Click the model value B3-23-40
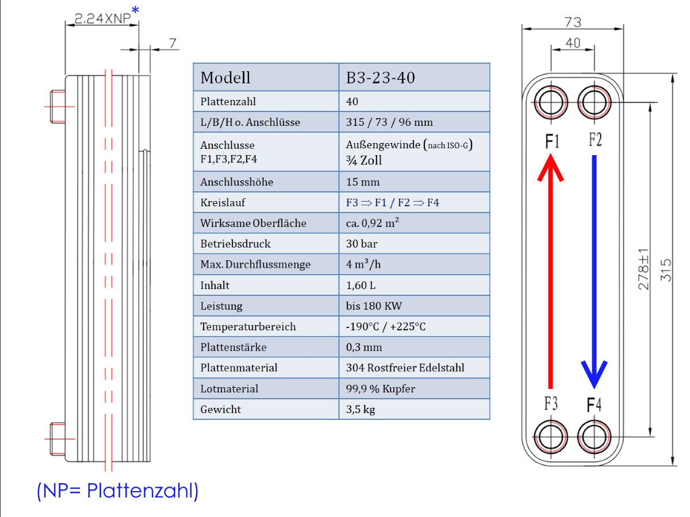380,78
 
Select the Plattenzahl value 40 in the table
352,102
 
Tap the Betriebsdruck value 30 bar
362,244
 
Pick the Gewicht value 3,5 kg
361,410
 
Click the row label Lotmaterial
229,389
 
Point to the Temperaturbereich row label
248,327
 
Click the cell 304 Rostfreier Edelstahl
405,368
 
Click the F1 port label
552,141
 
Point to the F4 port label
594,405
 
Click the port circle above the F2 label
594,103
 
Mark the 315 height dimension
666,270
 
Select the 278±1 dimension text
643,270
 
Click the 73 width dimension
573,22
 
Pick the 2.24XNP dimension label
99,18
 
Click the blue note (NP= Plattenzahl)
117,491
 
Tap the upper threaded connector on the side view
58,106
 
